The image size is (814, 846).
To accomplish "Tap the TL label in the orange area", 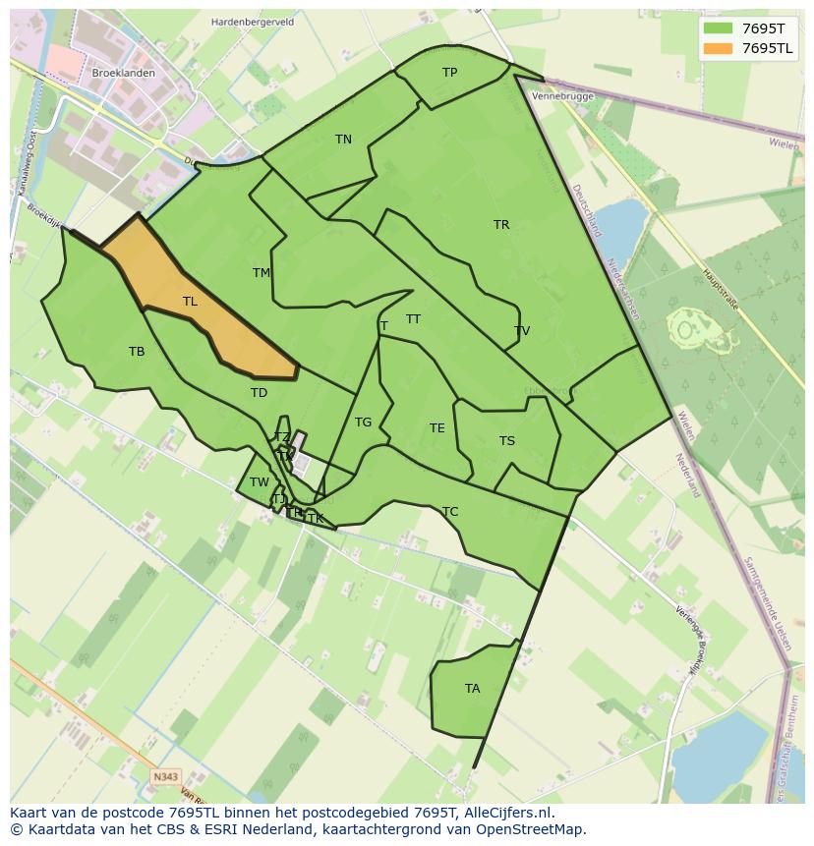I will point(190,302).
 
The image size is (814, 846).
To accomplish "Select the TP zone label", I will point(449,73).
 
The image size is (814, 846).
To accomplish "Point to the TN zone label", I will point(343,140).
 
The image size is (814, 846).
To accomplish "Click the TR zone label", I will point(501,225).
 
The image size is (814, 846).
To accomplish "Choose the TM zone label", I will point(262,273).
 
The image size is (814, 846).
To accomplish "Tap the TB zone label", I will point(137,352).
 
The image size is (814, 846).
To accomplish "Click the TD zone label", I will point(259,393).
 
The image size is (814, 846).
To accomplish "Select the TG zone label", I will point(363,423).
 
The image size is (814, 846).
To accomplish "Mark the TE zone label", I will point(437,428).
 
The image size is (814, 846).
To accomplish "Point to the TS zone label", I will point(506,441).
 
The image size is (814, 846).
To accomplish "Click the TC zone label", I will point(450,512).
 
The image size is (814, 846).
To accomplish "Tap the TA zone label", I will point(473,689).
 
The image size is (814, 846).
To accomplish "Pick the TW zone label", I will point(259,482).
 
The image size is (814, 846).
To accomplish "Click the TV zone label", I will point(522,331).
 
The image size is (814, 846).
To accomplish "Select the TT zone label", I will point(413,319).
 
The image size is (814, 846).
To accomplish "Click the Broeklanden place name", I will point(123,74).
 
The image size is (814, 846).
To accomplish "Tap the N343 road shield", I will point(166,777).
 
